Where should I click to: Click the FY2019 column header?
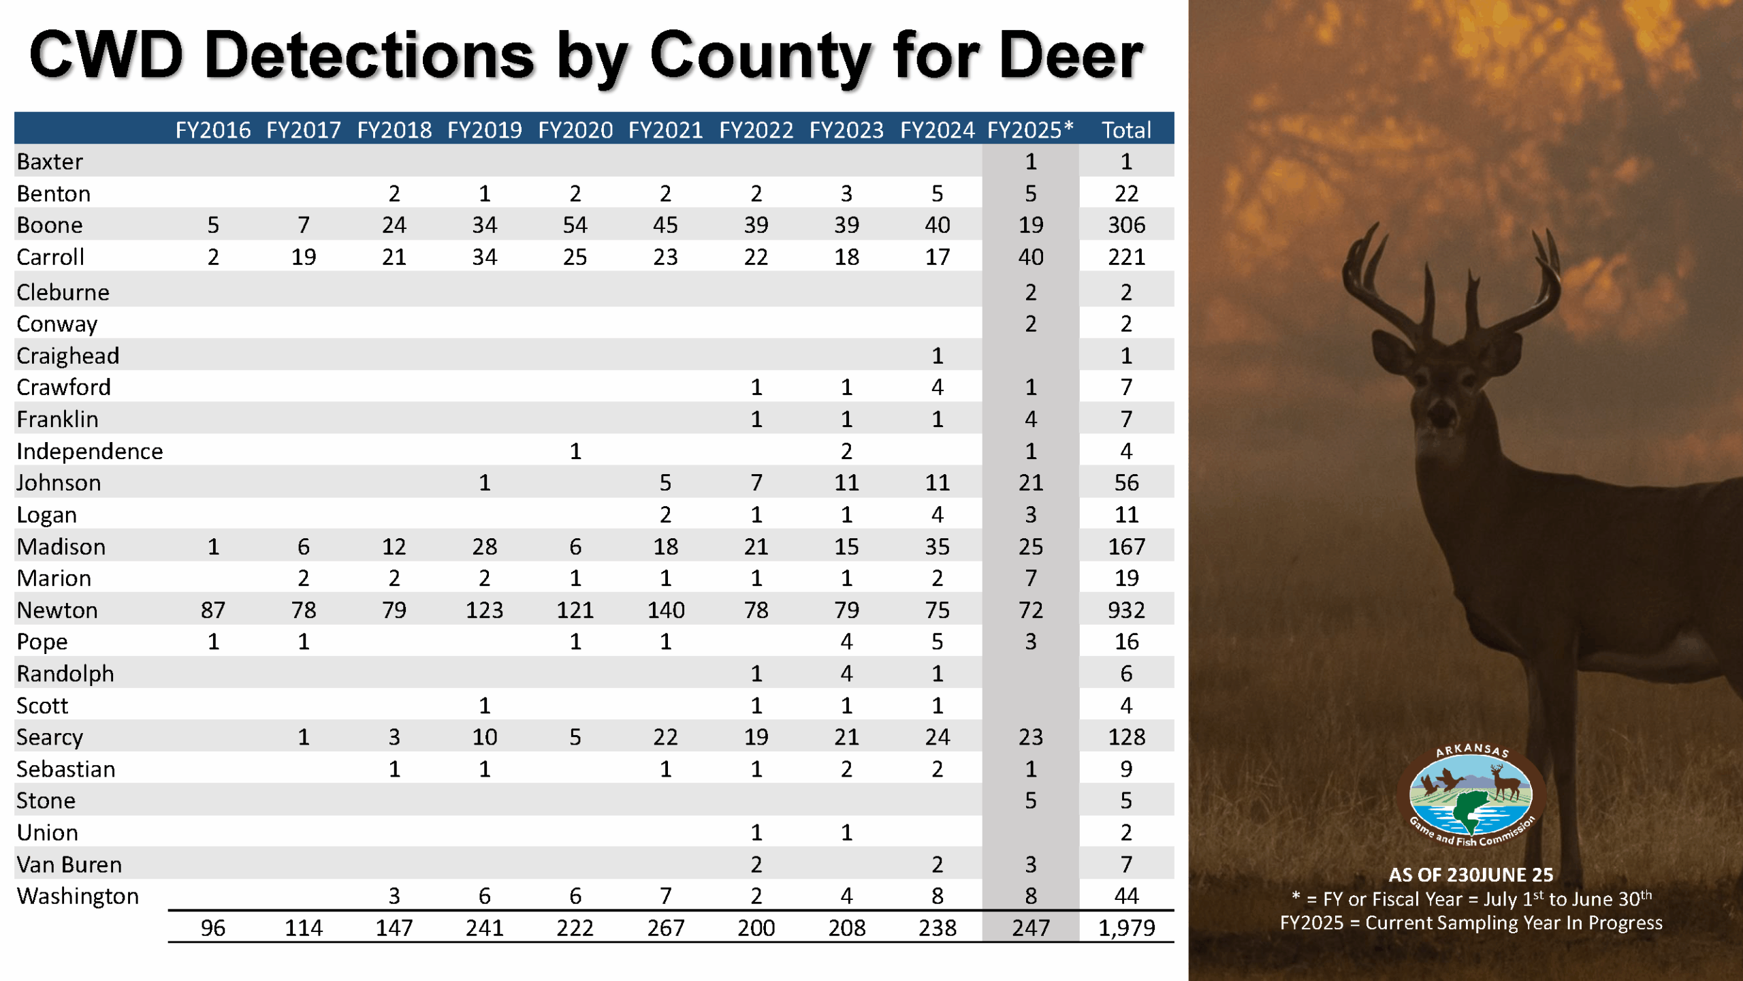484,129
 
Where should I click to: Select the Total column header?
1126,129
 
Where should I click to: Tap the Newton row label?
57,610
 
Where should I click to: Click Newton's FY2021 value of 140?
665,610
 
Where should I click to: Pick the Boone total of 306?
1126,225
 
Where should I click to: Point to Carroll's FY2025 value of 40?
1030,257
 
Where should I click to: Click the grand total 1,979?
1126,927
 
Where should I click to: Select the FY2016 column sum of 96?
212,927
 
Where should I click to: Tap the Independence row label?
89,451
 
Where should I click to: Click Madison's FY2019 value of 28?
484,546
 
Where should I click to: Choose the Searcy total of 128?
1126,737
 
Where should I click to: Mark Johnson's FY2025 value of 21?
1030,482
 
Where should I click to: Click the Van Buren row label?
69,865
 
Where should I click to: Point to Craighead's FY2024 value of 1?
937,356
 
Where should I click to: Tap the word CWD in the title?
106,56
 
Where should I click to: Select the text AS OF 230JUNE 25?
1471,875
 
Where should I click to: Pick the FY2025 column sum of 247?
1030,927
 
